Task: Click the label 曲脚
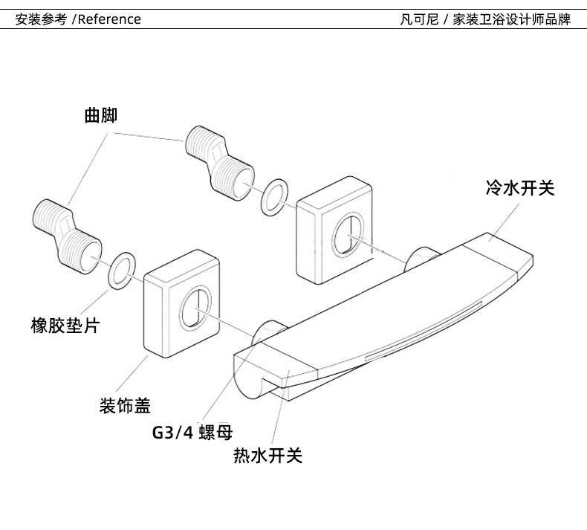tap(101, 116)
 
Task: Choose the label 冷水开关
tap(520, 188)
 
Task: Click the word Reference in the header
tap(109, 19)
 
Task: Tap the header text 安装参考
tap(42, 19)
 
